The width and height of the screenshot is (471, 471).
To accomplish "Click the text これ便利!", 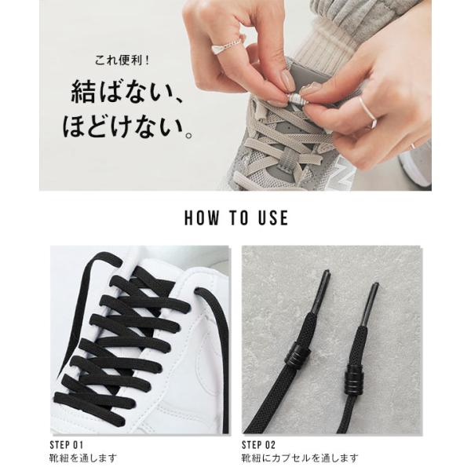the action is click(122, 60).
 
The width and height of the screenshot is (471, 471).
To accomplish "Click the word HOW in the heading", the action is click(202, 217).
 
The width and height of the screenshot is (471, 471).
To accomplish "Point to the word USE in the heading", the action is click(273, 217).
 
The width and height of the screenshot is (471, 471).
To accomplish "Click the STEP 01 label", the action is click(67, 445).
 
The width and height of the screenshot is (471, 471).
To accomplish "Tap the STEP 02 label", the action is click(258, 445).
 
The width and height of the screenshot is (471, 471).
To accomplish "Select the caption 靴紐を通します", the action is click(83, 458).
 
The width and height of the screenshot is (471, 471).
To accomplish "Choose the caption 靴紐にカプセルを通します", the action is click(300, 458).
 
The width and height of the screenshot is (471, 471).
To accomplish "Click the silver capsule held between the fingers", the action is click(296, 99).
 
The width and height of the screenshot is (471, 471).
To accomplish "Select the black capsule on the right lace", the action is click(355, 378).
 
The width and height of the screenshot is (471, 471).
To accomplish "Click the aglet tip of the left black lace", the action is click(327, 272).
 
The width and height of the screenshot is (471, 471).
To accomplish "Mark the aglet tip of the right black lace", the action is click(375, 284).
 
